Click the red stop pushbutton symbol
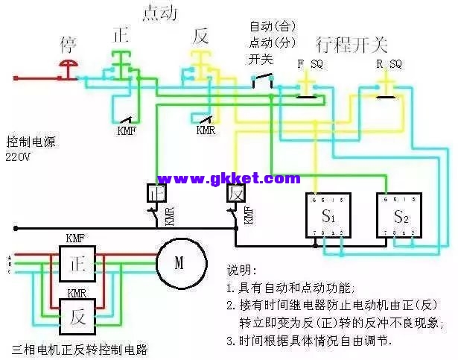[68, 68]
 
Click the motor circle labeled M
[179, 262]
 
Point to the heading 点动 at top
[159, 13]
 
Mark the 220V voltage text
[21, 157]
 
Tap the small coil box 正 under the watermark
[156, 193]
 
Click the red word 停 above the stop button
[68, 43]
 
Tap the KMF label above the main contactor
[75, 239]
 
